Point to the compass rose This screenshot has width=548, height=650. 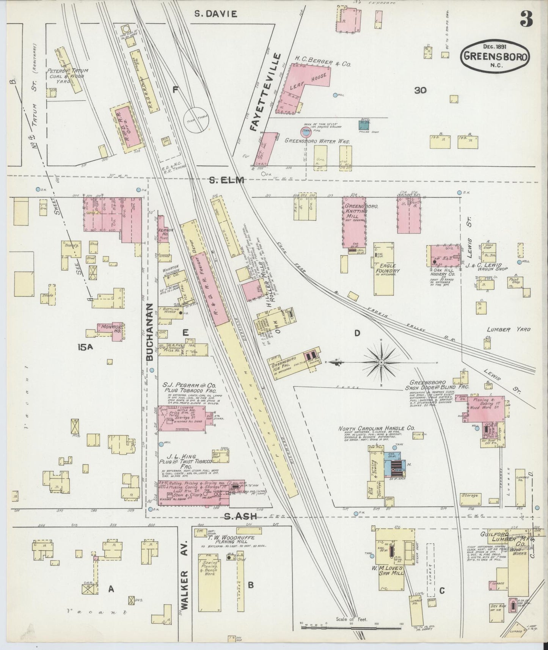pyautogui.click(x=380, y=363)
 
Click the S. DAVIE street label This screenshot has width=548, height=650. pyautogui.click(x=215, y=14)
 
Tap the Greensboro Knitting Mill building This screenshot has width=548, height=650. pyautogui.click(x=354, y=221)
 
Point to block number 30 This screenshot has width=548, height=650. pyautogui.click(x=420, y=90)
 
